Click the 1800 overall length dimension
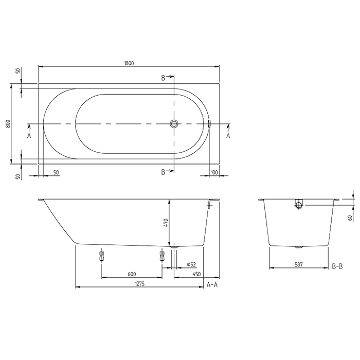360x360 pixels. pyautogui.click(x=129, y=63)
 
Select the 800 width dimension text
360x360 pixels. pyautogui.click(x=8, y=124)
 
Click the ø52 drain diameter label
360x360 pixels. pyautogui.click(x=189, y=264)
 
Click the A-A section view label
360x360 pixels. pyautogui.click(x=211, y=284)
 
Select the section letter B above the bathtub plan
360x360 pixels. pyautogui.click(x=163, y=78)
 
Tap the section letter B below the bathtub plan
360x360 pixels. pyautogui.click(x=163, y=172)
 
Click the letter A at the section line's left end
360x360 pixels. pyautogui.click(x=29, y=135)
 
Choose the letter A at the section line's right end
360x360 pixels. pyautogui.click(x=228, y=135)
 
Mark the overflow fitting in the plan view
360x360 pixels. pyautogui.click(x=209, y=124)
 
